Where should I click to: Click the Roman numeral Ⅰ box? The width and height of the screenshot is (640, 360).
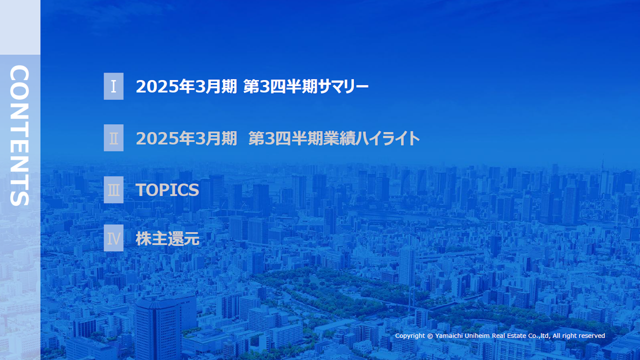tap(113, 86)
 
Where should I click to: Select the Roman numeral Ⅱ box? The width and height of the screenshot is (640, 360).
tap(113, 138)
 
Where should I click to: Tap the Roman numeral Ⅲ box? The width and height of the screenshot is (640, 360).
tap(113, 190)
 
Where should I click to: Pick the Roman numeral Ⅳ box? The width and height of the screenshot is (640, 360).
tap(113, 238)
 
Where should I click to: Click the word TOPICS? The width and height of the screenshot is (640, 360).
tap(167, 190)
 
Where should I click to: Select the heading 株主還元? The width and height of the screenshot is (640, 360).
tap(167, 239)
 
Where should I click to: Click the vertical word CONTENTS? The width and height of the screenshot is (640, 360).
tap(19, 135)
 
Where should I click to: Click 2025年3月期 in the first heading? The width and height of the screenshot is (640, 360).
tap(186, 87)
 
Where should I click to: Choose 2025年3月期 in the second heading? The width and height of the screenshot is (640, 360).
tap(186, 138)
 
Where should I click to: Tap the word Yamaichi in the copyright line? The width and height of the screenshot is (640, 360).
tap(452, 336)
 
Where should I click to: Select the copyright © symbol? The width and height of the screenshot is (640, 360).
tap(430, 336)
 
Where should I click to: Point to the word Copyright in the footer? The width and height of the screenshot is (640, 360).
tap(410, 336)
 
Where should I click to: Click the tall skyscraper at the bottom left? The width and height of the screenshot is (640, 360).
tap(159, 327)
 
